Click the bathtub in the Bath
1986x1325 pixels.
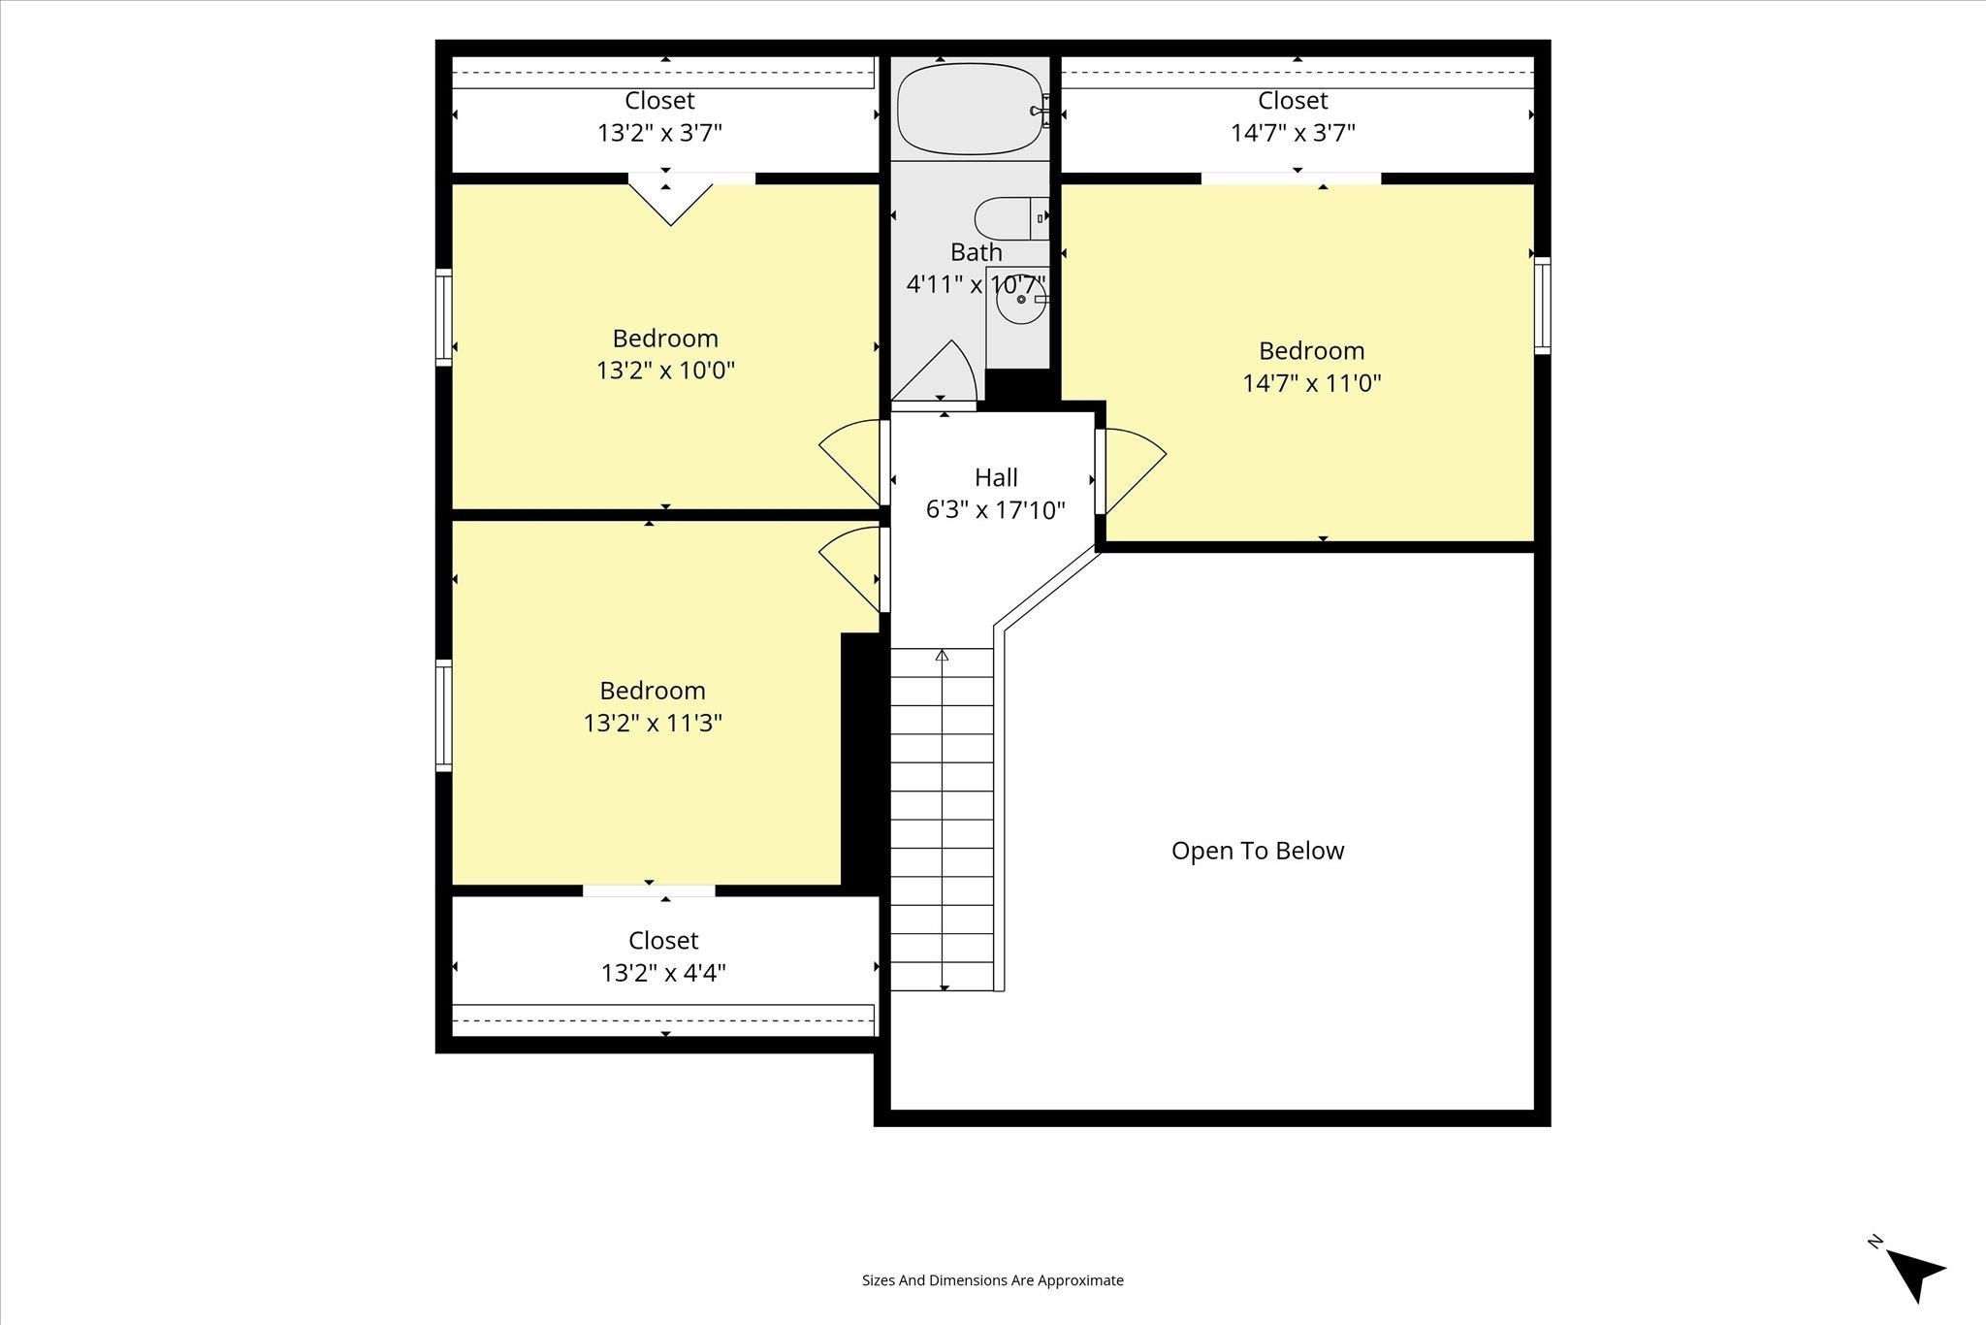[968, 110]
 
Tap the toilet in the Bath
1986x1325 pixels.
[1011, 218]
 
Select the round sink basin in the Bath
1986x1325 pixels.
[1020, 300]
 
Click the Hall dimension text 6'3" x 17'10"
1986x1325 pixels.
[996, 510]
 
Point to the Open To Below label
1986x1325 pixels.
[1258, 851]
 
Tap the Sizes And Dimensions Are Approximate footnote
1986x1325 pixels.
[993, 1280]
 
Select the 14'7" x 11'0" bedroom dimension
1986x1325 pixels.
[1312, 383]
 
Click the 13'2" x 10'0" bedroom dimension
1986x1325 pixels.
[665, 371]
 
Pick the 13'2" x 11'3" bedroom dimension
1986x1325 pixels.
[653, 723]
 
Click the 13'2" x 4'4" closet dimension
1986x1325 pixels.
[663, 973]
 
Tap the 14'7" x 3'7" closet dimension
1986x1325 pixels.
[1293, 133]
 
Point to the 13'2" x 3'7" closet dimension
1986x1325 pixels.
[660, 133]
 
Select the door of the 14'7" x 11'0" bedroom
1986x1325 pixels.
[1130, 471]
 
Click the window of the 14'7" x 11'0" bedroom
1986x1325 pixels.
[1542, 306]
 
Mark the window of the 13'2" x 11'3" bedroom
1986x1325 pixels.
[444, 716]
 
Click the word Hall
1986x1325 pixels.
[996, 477]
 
